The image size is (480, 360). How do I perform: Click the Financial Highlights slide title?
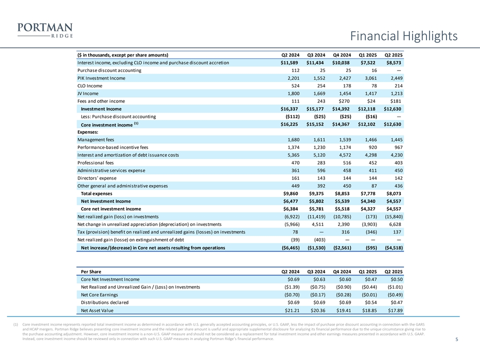click(403, 36)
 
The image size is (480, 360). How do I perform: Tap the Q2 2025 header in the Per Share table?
click(393, 271)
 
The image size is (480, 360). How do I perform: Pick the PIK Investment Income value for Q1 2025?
click(369, 78)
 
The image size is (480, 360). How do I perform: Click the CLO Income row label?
click(89, 85)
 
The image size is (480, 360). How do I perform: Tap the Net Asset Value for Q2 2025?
click(393, 310)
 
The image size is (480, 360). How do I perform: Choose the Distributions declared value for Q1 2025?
click(369, 302)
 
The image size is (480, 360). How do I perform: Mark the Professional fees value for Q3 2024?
click(317, 162)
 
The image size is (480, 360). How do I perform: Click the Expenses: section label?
click(87, 131)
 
